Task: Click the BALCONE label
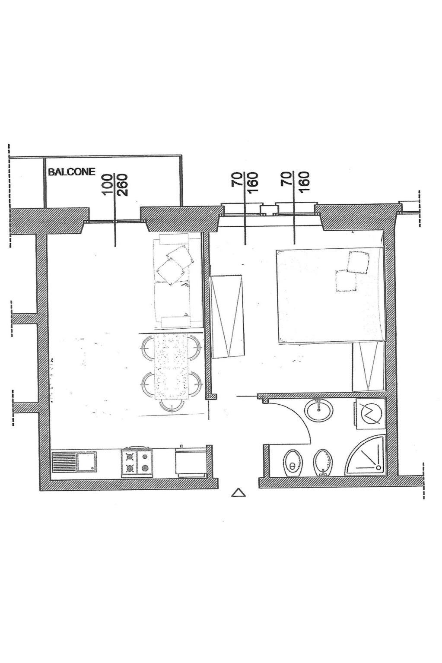(72, 172)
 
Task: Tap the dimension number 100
(107, 185)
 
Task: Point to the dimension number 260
(122, 185)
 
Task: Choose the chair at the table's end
(171, 406)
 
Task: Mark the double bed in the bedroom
(331, 295)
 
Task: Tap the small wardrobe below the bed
(368, 367)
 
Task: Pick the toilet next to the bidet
(292, 463)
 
